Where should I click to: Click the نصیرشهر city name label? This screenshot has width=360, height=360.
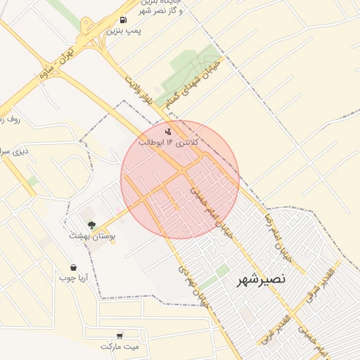(261, 278)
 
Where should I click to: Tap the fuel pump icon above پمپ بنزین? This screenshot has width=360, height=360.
(124, 20)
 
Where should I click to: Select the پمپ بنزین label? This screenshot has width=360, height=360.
(124, 32)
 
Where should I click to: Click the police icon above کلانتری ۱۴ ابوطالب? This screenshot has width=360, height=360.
(167, 131)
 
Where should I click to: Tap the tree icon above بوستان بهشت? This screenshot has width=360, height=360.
(91, 225)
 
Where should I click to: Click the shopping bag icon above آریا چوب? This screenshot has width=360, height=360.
(74, 267)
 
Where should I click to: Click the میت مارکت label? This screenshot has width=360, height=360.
(120, 347)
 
